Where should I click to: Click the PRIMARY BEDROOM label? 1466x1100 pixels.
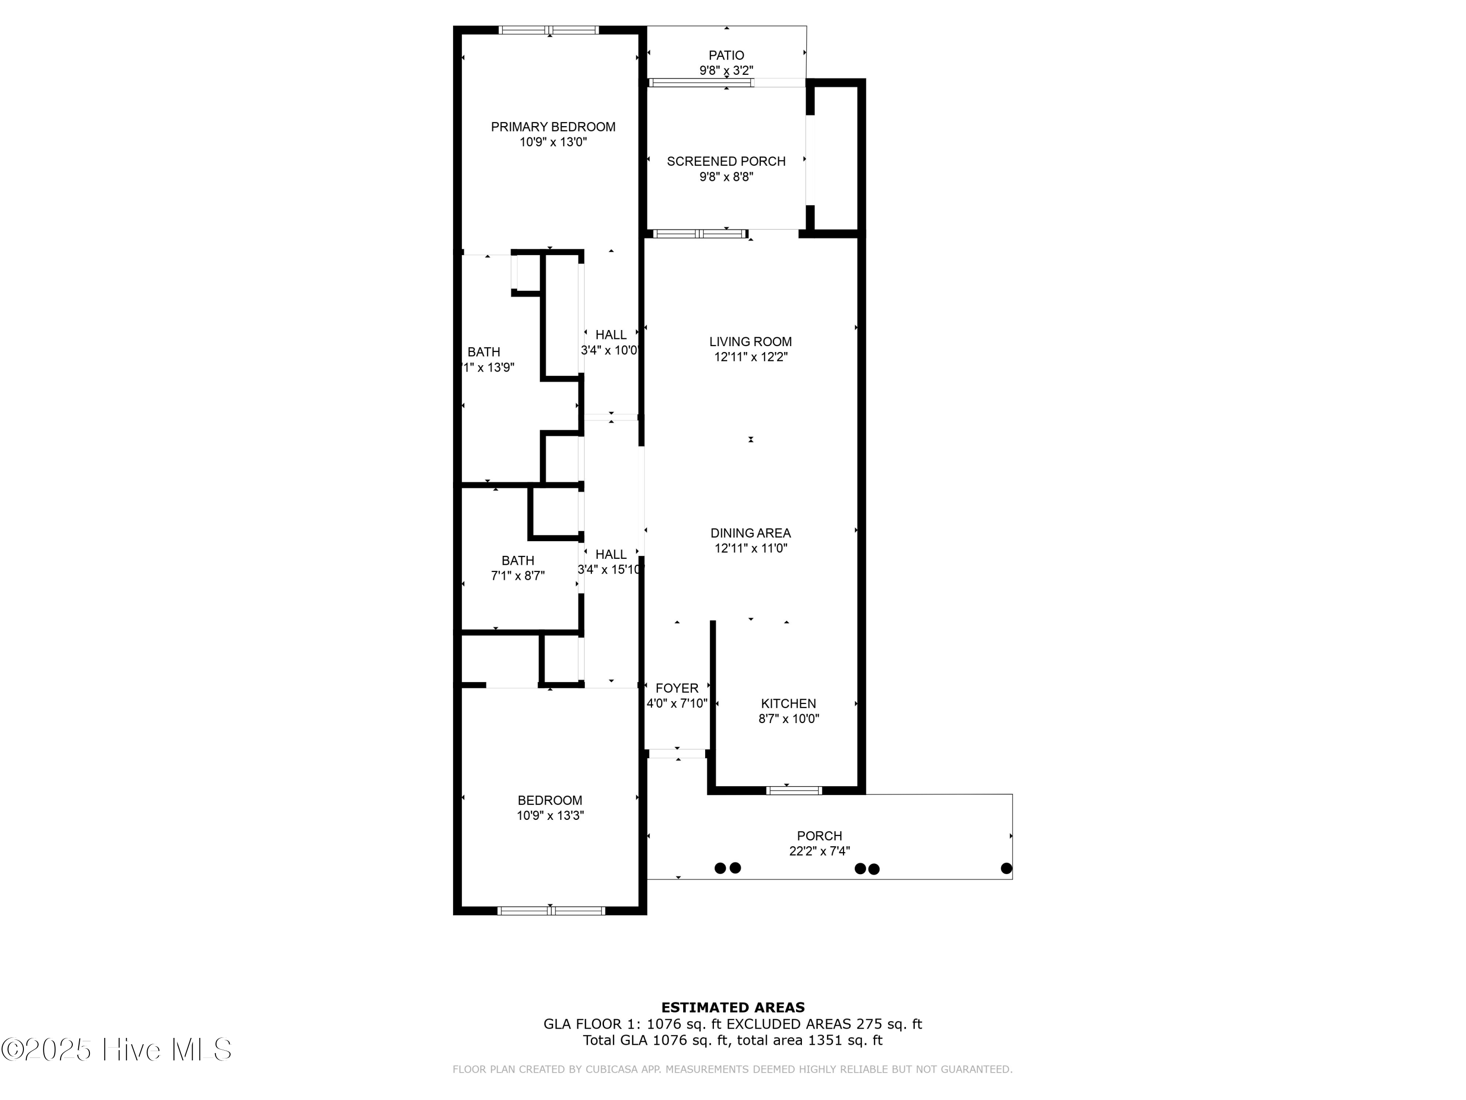pos(553,127)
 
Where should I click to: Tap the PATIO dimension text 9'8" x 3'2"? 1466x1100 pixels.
pos(726,70)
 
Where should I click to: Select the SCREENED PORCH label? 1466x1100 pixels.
pos(726,161)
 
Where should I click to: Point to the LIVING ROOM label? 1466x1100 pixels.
pos(750,341)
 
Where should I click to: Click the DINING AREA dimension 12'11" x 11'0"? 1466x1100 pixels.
pos(750,549)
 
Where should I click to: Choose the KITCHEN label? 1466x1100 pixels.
pos(788,704)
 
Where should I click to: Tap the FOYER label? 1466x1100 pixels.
pos(677,688)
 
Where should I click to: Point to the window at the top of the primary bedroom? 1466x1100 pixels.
pos(549,30)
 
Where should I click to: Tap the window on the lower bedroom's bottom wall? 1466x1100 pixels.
pos(551,911)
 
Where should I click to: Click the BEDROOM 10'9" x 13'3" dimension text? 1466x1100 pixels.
pos(550,815)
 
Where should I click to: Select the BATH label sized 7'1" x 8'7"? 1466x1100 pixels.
pos(517,561)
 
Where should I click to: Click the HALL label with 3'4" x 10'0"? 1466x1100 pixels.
pos(610,335)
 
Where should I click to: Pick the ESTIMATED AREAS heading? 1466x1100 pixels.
pos(733,1008)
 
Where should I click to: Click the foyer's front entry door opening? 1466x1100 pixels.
pos(677,753)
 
